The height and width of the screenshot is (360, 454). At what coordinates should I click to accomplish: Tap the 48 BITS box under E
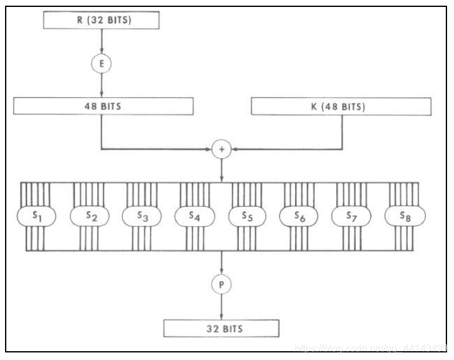(x=103, y=107)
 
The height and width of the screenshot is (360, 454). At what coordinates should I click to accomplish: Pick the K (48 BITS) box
(x=342, y=107)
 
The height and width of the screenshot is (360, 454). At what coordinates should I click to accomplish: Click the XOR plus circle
(x=222, y=149)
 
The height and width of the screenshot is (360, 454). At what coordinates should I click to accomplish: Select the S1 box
(x=37, y=216)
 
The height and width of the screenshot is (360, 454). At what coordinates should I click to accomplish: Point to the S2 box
(x=89, y=216)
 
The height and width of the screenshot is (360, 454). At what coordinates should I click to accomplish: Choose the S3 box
(x=142, y=216)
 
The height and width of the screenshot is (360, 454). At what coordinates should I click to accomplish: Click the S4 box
(x=195, y=216)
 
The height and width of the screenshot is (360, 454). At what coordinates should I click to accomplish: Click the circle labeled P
(x=222, y=284)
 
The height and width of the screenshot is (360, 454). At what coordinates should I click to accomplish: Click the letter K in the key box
(x=313, y=107)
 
